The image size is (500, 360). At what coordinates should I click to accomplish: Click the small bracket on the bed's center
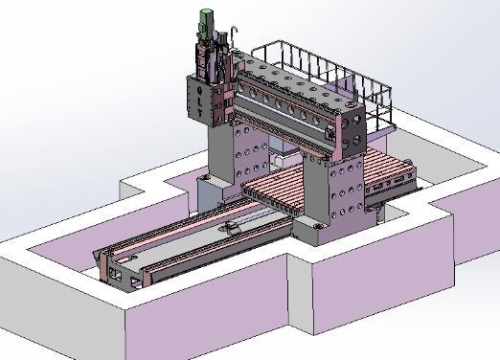(234, 228)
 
